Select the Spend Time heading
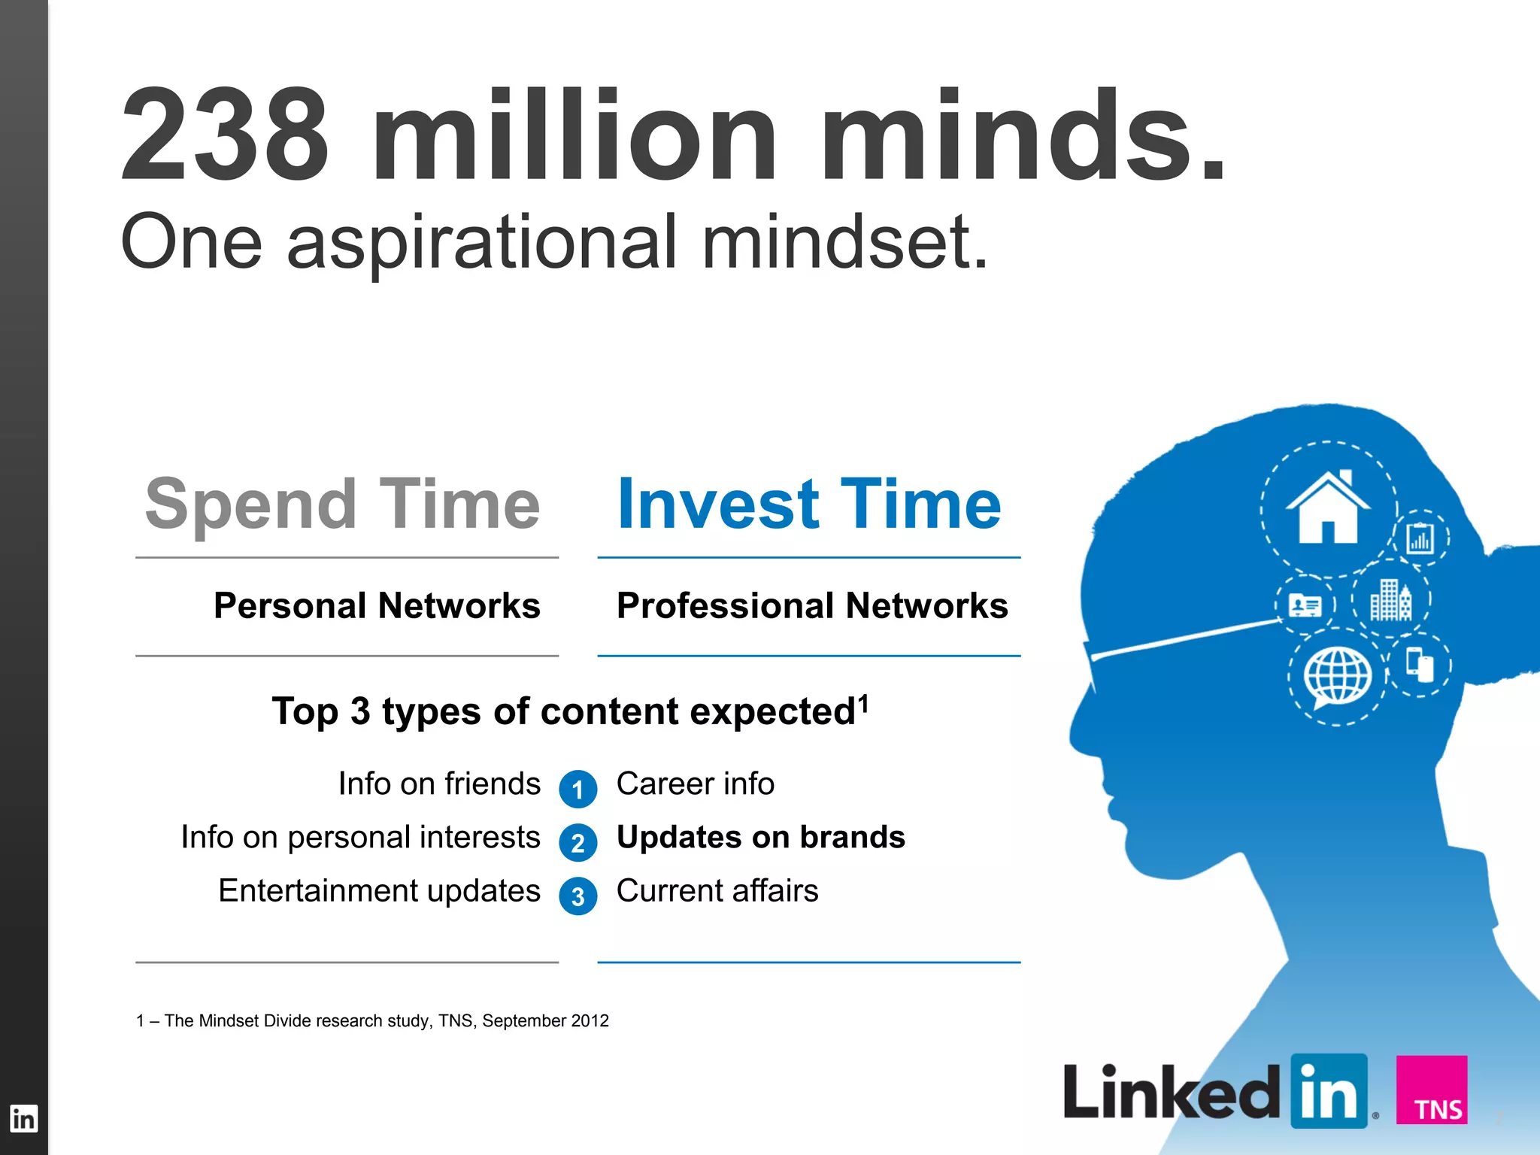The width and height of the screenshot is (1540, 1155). [343, 504]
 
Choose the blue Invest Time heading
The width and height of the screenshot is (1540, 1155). [809, 504]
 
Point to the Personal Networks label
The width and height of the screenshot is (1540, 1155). [377, 606]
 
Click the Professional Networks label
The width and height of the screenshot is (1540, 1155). [812, 606]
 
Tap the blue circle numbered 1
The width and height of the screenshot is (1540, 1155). [577, 790]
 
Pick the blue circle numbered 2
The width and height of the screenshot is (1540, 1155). [577, 843]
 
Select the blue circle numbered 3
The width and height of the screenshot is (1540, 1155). [577, 896]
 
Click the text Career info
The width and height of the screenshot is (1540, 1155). [696, 784]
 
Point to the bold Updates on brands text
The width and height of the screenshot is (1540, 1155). [761, 838]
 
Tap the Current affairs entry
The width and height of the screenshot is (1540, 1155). [717, 891]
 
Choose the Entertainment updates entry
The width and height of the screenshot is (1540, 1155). [379, 891]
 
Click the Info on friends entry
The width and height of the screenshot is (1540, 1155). [439, 784]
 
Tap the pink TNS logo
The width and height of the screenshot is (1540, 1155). [1432, 1090]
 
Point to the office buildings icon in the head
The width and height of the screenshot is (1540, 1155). [1390, 600]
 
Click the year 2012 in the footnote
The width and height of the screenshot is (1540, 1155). [590, 1021]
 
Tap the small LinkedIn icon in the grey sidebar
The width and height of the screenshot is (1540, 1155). [23, 1119]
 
